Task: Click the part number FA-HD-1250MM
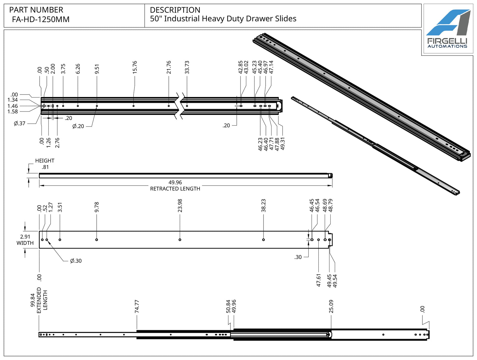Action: coord(41,19)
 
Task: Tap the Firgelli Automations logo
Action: coord(448,28)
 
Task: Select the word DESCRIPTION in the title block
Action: coord(175,10)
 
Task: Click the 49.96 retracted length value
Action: coord(175,182)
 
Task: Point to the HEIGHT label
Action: coord(45,161)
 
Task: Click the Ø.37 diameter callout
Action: coord(20,123)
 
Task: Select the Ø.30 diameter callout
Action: coord(76,261)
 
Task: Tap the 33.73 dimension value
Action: coord(187,67)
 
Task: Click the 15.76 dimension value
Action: coord(134,67)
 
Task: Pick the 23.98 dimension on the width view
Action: coord(180,206)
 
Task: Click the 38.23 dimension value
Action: coord(263,206)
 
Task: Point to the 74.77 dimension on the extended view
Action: coord(137,306)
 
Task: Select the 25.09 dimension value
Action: coord(331,306)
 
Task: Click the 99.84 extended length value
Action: coord(32,300)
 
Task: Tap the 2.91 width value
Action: coord(25,237)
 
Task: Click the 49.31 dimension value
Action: coord(283,144)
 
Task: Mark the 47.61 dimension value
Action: coord(318,280)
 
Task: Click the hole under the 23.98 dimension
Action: coord(180,240)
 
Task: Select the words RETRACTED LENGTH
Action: coord(175,189)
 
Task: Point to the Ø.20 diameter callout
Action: coord(78,126)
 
